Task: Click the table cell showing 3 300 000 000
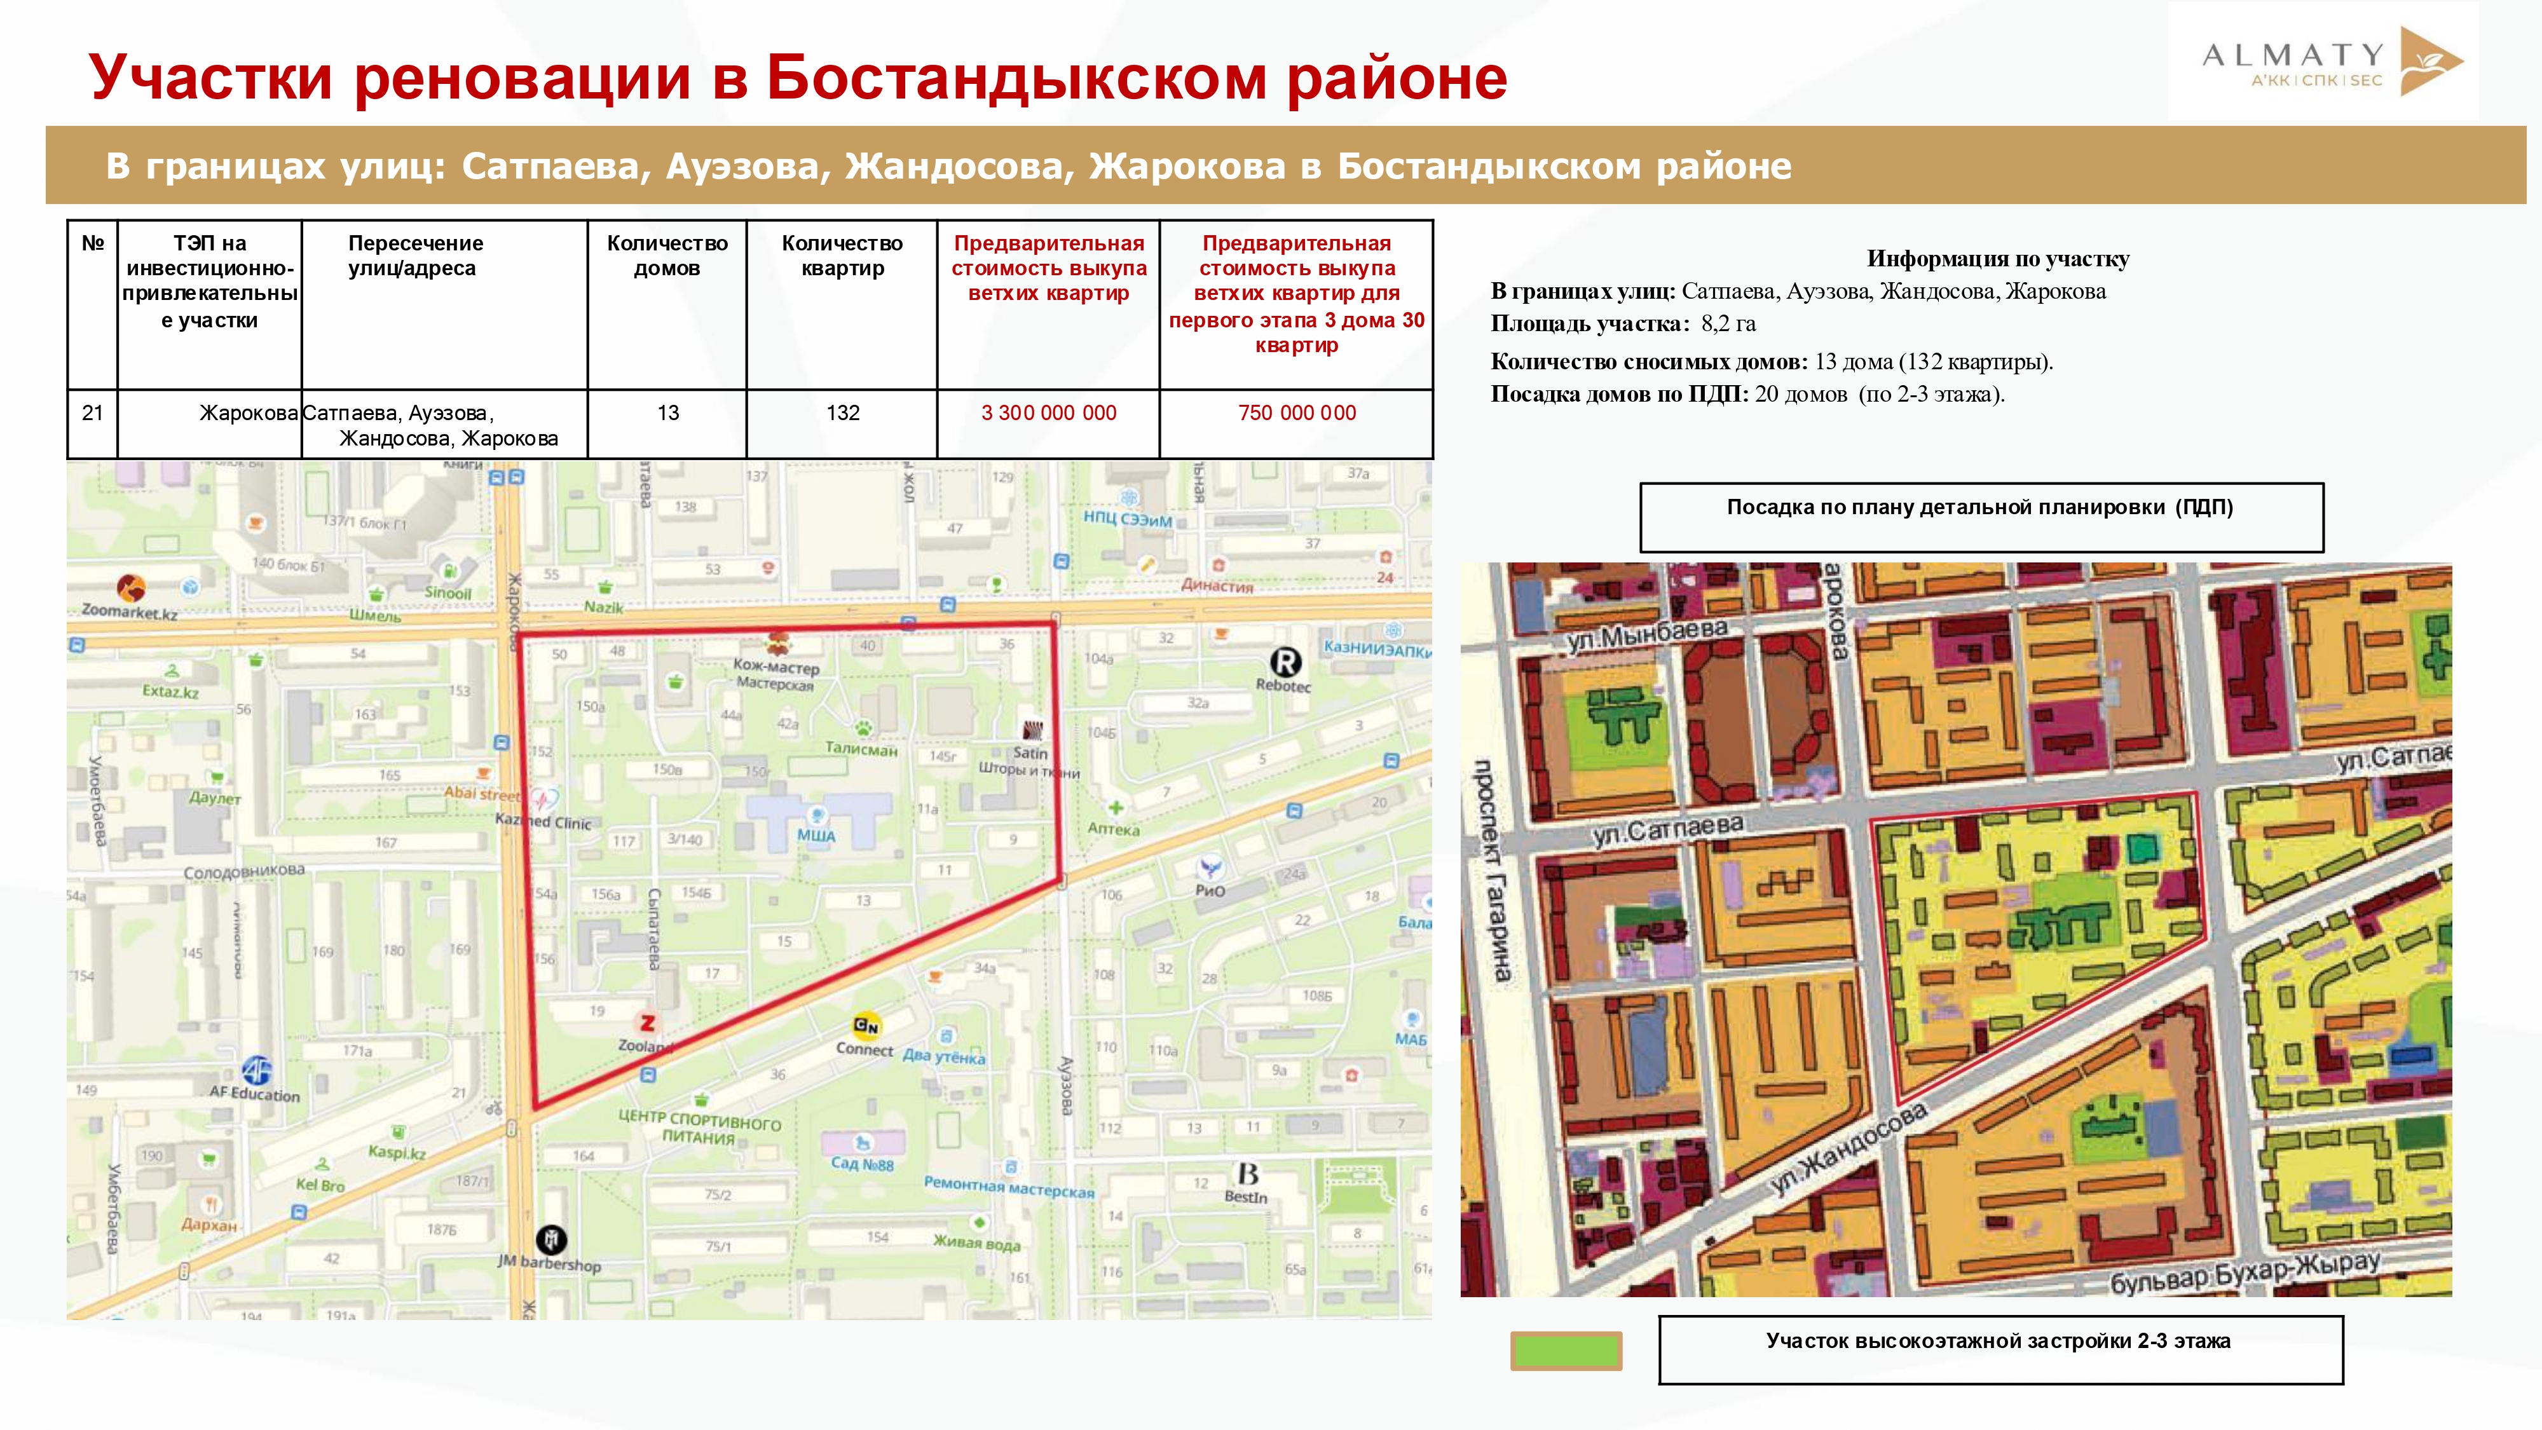(1048, 414)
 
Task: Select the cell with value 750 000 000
(1295, 414)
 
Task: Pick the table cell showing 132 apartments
(843, 414)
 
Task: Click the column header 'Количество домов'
(667, 255)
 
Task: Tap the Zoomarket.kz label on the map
(129, 612)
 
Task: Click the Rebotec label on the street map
(1283, 685)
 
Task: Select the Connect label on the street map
(864, 1049)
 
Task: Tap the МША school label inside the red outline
(816, 836)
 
